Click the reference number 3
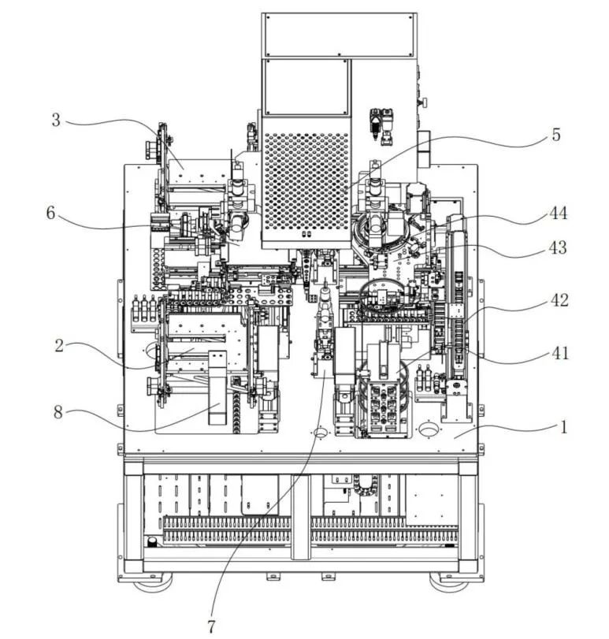click(56, 120)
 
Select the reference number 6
click(51, 214)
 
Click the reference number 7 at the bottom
click(211, 626)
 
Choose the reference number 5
click(555, 135)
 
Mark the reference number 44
click(559, 213)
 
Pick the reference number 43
click(559, 247)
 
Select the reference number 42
click(559, 300)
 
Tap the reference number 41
click(559, 354)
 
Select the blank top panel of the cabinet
click(339, 34)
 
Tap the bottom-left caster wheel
click(152, 584)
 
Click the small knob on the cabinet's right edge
click(423, 102)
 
